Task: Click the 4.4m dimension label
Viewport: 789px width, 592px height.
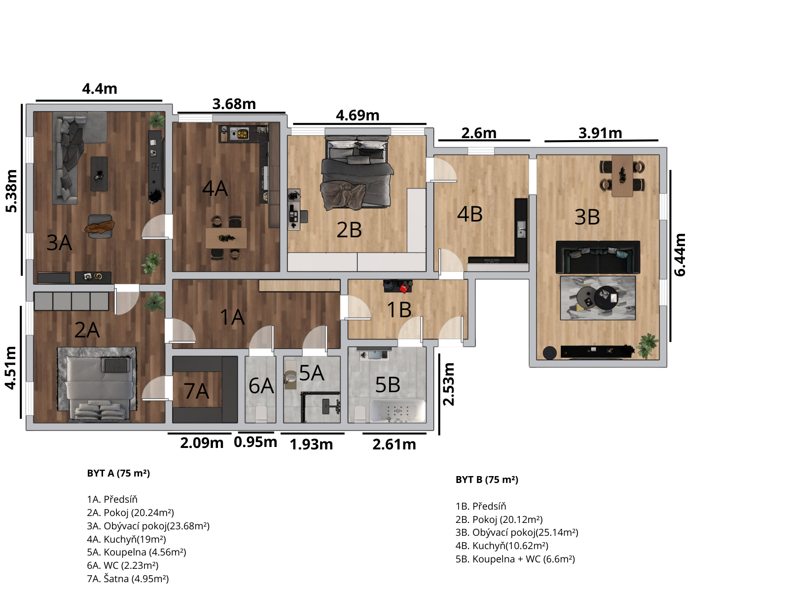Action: (x=100, y=89)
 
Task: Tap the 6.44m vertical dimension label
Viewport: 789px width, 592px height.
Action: (x=680, y=255)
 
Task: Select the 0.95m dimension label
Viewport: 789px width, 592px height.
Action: (x=255, y=442)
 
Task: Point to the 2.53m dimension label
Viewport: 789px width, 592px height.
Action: (x=448, y=384)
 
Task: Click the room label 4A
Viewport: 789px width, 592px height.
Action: (x=215, y=188)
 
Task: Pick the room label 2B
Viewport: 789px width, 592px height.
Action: (x=349, y=230)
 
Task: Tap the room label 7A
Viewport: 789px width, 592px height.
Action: (x=196, y=391)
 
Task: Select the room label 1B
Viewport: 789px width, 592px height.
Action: (x=399, y=309)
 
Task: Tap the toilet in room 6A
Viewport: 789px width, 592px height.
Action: (x=260, y=414)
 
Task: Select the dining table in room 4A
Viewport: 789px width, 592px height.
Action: (x=226, y=238)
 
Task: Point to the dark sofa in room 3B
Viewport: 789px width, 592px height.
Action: (x=598, y=258)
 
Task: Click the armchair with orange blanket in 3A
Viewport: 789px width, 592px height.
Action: (x=100, y=226)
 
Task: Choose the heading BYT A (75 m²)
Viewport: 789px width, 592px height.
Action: (x=118, y=473)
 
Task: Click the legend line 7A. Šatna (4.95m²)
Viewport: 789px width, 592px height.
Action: (x=128, y=578)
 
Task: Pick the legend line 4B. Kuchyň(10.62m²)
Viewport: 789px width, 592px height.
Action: (x=502, y=546)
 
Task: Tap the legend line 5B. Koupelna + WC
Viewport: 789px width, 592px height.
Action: (x=515, y=559)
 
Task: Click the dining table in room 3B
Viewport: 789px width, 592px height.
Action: (x=622, y=176)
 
